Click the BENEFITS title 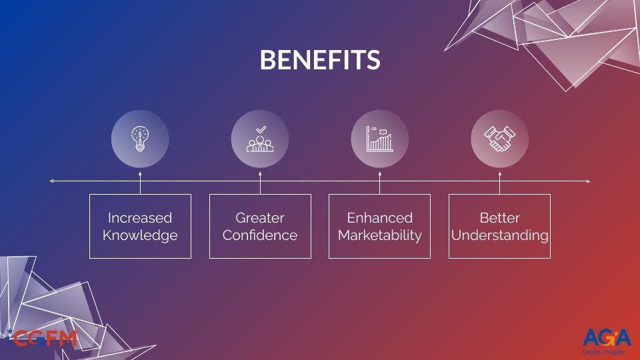tap(320, 59)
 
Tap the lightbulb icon tap(140, 139)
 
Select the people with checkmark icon tap(260, 139)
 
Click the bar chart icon tap(379, 139)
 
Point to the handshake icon tap(499, 139)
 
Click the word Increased tap(140, 218)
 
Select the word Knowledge tap(140, 235)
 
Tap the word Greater tap(260, 218)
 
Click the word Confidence tap(260, 235)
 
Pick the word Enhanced tap(379, 218)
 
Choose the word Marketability tap(379, 235)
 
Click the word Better tap(499, 218)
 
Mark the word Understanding tap(499, 235)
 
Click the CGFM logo tap(43, 339)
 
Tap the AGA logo tap(607, 337)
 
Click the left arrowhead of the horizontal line tap(51, 181)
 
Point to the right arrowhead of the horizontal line tap(588, 181)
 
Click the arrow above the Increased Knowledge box tap(140, 183)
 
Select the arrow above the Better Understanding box tap(499, 183)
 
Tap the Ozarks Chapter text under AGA tap(603, 352)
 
